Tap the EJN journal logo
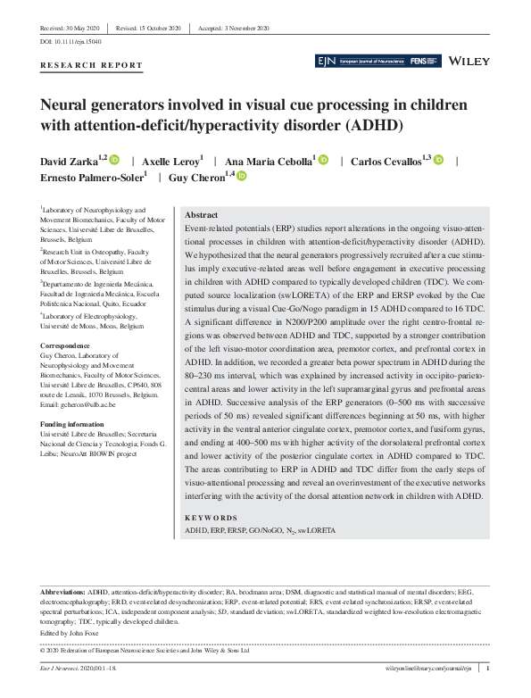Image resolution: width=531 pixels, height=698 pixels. point(326,61)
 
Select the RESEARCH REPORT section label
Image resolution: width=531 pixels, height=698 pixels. point(91,65)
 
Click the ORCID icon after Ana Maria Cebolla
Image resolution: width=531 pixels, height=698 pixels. point(323,160)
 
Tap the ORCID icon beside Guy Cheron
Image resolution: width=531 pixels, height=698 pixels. point(241,178)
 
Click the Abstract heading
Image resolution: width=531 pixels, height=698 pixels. point(200,215)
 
